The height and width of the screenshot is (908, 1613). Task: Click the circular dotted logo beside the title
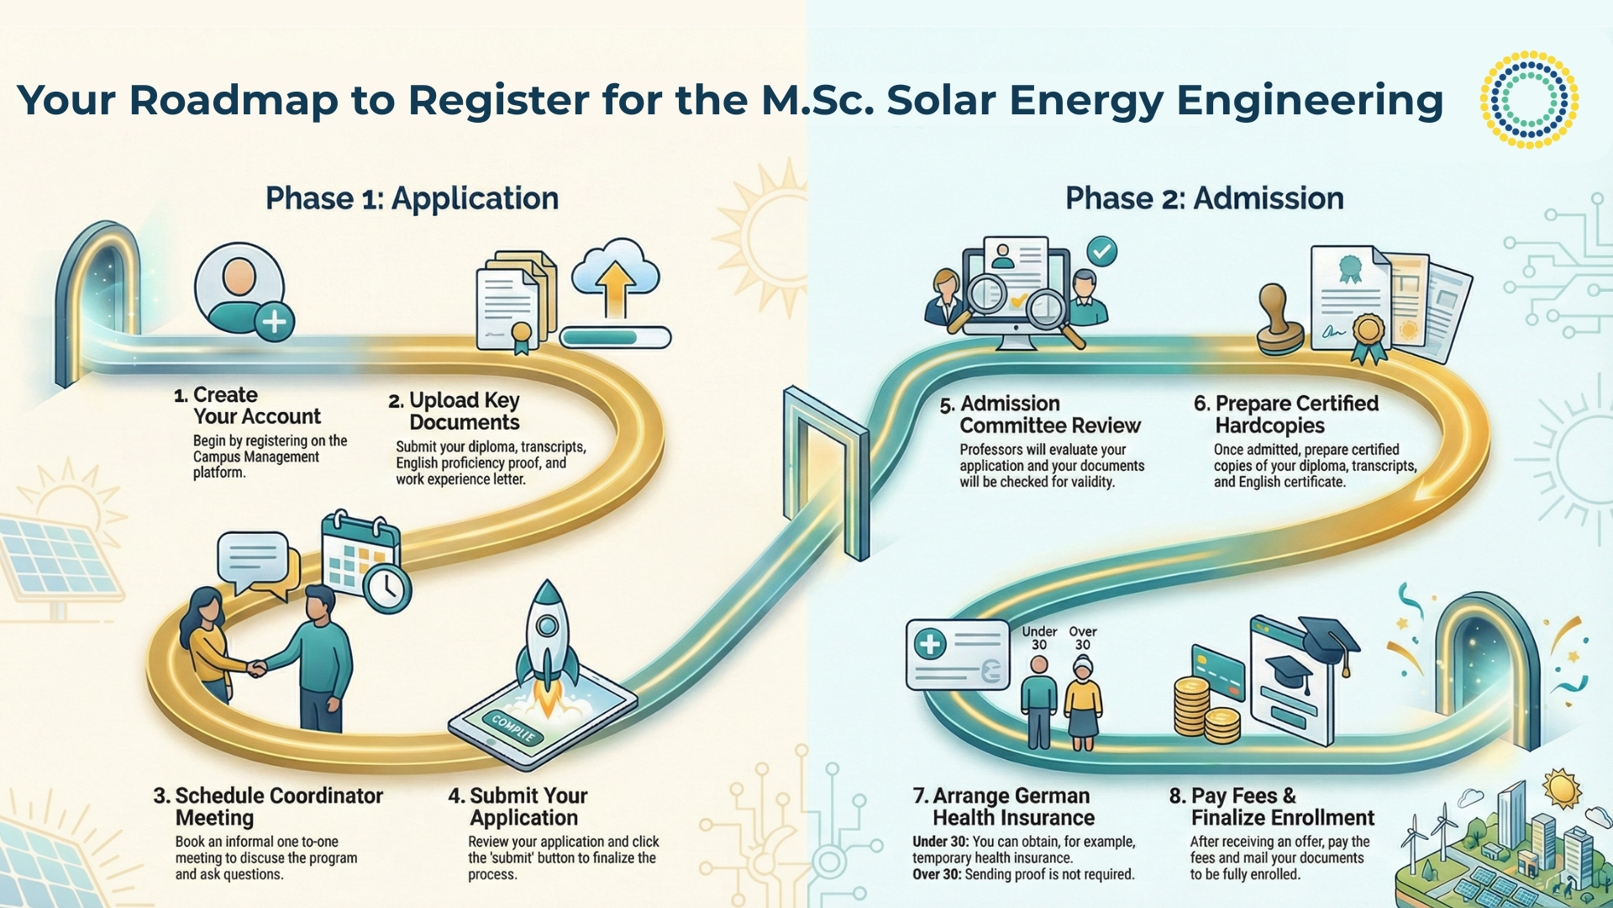(x=1529, y=99)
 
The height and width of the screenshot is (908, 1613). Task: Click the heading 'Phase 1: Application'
(x=412, y=198)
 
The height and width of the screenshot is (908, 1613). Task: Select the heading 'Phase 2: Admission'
(x=1204, y=198)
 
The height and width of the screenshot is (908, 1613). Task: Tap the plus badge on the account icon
(x=274, y=321)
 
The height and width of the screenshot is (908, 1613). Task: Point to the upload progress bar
(x=615, y=337)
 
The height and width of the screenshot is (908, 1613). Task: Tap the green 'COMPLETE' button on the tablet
(x=512, y=727)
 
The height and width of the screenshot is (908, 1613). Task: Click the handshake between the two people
(x=257, y=668)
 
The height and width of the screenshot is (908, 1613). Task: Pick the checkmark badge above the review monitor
(x=1101, y=251)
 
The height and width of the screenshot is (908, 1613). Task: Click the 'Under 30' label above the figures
(x=1039, y=637)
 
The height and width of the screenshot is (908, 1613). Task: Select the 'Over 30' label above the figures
(x=1083, y=637)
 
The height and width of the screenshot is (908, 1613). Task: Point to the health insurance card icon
(x=957, y=654)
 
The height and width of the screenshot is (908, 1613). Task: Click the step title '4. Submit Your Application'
(x=518, y=806)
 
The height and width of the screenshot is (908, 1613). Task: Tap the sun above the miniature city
(x=1562, y=789)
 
